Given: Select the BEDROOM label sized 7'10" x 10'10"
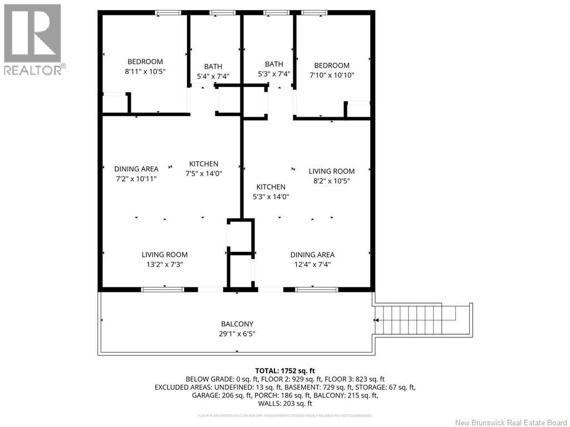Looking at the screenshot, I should [x=332, y=70].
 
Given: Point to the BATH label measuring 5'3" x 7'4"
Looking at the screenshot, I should [x=274, y=69].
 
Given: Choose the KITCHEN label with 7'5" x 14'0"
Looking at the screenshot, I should [x=204, y=168].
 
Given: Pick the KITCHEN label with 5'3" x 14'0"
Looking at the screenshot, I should [x=271, y=192].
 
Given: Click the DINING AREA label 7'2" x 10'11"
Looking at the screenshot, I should [x=136, y=173].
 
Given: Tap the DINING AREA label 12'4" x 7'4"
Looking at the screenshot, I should [x=312, y=260].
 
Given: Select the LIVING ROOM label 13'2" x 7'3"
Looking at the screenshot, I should [x=164, y=260].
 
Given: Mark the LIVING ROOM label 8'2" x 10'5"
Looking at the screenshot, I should [x=332, y=176].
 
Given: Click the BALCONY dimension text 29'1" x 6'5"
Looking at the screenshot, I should [x=237, y=334].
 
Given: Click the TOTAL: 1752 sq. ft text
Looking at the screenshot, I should [x=285, y=370].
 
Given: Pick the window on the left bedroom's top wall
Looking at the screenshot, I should [x=168, y=12].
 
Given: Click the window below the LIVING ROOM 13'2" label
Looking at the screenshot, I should [x=163, y=289].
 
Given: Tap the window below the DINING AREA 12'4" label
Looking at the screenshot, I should [x=316, y=289].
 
